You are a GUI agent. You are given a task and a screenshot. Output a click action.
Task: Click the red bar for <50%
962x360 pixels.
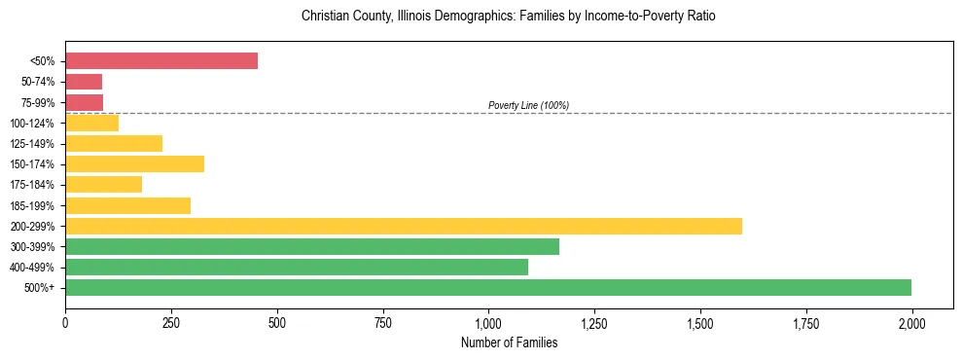point(161,61)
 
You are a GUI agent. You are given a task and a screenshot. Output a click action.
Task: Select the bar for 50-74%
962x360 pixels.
point(84,82)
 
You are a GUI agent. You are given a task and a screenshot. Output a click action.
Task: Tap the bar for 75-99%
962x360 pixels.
point(84,102)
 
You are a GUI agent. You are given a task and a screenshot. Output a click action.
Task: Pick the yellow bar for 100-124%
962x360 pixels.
point(91,123)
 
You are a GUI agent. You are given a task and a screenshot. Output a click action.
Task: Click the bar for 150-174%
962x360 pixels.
point(134,163)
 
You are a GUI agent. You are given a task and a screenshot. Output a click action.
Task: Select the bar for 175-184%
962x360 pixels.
point(103,184)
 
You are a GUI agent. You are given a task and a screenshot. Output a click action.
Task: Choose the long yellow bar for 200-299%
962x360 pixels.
point(404,226)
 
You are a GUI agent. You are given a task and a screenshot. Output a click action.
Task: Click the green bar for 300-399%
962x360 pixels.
point(312,246)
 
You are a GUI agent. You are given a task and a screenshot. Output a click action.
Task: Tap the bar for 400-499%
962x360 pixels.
point(297,267)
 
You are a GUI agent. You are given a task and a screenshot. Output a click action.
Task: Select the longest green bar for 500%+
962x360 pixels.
point(488,287)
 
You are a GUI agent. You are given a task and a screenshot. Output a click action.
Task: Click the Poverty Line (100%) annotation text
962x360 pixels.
point(528,105)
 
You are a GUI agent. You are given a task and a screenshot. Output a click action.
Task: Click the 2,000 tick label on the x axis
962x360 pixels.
point(911,321)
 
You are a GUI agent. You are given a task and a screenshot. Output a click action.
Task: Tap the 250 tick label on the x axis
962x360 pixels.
point(171,321)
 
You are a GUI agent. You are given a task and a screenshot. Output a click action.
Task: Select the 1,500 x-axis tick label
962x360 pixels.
point(699,321)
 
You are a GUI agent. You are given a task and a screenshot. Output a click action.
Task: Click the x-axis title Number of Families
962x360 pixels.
point(509,342)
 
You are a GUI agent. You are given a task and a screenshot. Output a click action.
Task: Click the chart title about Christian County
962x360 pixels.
point(509,17)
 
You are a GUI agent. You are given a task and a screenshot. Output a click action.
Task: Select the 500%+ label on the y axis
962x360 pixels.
point(41,288)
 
